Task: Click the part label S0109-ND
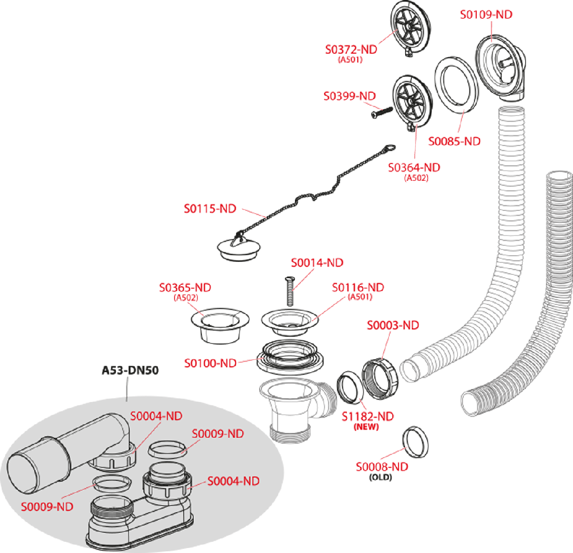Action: (486, 15)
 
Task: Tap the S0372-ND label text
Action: (351, 49)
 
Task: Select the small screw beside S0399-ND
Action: (382, 112)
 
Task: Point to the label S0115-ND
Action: (210, 209)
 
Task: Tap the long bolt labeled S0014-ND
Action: (290, 291)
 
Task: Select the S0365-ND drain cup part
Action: (220, 325)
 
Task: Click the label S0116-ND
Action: (358, 288)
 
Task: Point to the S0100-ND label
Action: (210, 363)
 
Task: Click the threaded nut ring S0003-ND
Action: (380, 379)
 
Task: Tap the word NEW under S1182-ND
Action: (366, 427)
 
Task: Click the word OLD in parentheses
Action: (381, 477)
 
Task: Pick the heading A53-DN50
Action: (130, 371)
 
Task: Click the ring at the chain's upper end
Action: (389, 148)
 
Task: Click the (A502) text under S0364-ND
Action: (416, 178)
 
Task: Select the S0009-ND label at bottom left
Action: (47, 507)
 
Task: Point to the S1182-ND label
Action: (368, 416)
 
